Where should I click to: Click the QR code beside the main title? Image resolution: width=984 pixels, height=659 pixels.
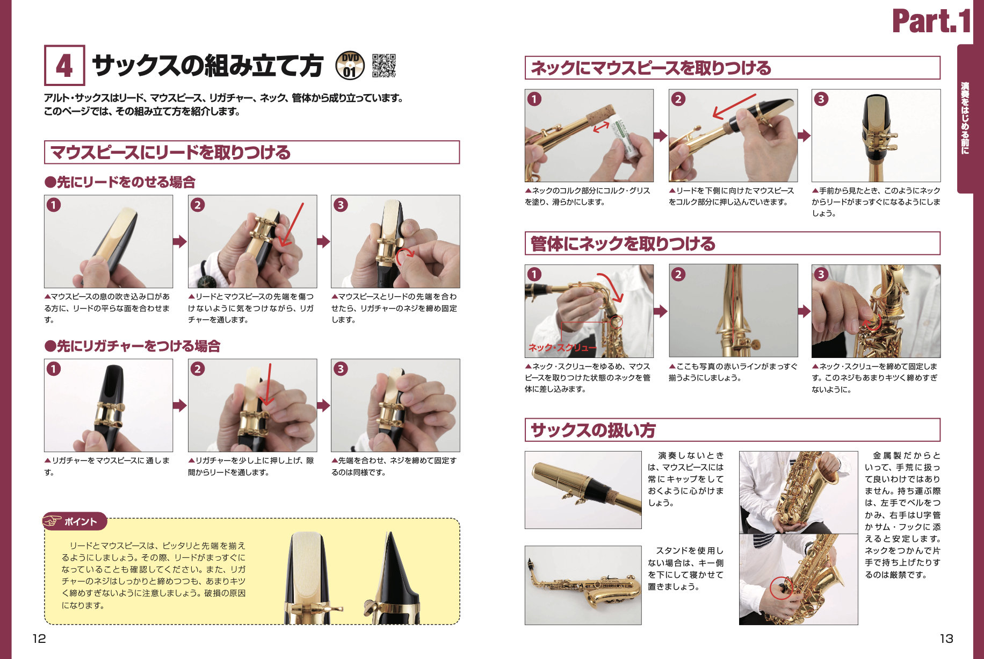[384, 66]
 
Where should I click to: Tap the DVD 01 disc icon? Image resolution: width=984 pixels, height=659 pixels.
[350, 66]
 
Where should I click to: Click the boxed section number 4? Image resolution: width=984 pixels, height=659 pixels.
[64, 66]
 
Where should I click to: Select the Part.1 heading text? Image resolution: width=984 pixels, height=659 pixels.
[932, 21]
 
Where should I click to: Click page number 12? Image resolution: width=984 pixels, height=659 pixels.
[39, 639]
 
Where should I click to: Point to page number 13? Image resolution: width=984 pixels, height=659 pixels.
[946, 639]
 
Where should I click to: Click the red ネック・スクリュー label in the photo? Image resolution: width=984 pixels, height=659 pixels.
[562, 348]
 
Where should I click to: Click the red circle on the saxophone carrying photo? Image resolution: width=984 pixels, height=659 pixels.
[782, 588]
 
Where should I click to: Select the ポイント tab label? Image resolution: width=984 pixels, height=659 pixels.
[81, 521]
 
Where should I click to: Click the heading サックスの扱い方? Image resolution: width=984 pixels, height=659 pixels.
[593, 430]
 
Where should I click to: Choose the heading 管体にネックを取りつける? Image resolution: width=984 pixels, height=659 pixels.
[623, 243]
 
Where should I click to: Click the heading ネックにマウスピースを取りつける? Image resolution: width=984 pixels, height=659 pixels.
[650, 68]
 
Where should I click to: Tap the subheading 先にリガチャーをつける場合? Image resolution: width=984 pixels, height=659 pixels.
[133, 346]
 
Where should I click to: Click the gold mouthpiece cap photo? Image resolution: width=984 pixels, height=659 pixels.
[583, 490]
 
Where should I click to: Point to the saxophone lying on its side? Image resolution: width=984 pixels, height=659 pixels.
[583, 585]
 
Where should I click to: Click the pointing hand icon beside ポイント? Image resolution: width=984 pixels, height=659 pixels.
[53, 521]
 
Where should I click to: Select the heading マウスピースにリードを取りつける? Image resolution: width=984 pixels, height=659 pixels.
[170, 152]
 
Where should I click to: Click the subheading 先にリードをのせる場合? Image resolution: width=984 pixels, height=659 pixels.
[120, 182]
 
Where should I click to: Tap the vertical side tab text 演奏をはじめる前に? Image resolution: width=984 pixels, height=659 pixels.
[965, 118]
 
